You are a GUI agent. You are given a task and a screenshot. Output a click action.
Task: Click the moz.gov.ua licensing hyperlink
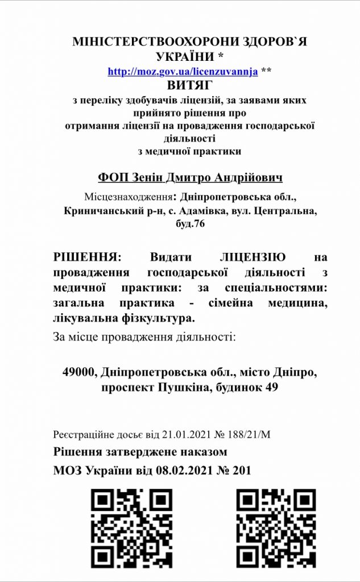(x=183, y=72)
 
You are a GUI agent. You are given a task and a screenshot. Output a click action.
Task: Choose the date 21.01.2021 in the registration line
(x=170, y=435)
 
